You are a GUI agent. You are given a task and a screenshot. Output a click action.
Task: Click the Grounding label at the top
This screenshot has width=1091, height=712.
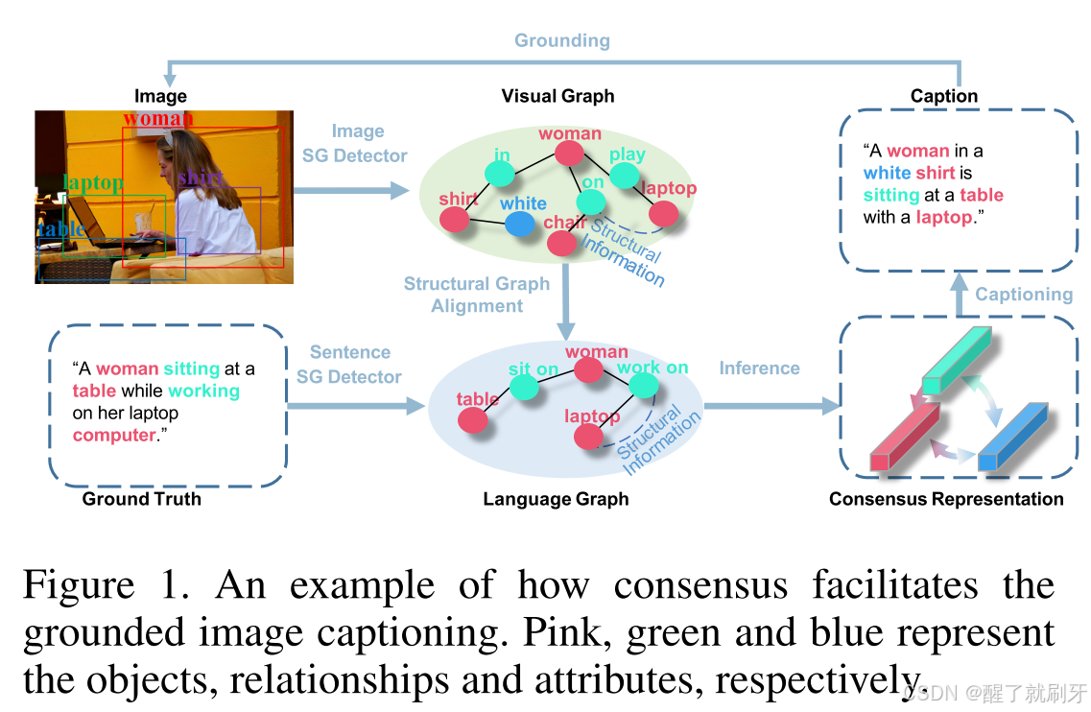(561, 40)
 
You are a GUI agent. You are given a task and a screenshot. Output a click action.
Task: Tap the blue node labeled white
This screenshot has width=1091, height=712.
(519, 224)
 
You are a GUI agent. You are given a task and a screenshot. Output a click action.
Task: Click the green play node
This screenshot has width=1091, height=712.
(623, 176)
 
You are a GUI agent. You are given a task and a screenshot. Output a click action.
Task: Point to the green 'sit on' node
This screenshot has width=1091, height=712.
(524, 387)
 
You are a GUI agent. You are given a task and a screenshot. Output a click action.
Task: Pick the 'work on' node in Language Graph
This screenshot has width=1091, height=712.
(644, 385)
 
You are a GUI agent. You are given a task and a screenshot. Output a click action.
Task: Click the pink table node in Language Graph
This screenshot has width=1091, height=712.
(472, 419)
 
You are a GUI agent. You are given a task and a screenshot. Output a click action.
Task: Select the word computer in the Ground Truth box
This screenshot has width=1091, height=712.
(113, 435)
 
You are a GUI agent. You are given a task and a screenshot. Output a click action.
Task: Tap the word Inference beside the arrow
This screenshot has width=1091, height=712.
(759, 368)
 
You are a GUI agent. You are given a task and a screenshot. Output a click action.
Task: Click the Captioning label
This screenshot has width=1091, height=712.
(1024, 295)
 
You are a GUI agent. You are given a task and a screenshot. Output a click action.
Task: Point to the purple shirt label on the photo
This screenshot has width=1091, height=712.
(200, 178)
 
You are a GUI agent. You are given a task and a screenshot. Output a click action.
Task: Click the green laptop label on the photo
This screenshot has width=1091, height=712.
(93, 182)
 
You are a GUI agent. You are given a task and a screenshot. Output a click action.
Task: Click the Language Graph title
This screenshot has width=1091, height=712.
(556, 499)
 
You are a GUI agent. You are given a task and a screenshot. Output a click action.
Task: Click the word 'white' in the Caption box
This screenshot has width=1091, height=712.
(887, 173)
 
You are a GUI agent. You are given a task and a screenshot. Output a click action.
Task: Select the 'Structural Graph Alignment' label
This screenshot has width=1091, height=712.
(477, 295)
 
